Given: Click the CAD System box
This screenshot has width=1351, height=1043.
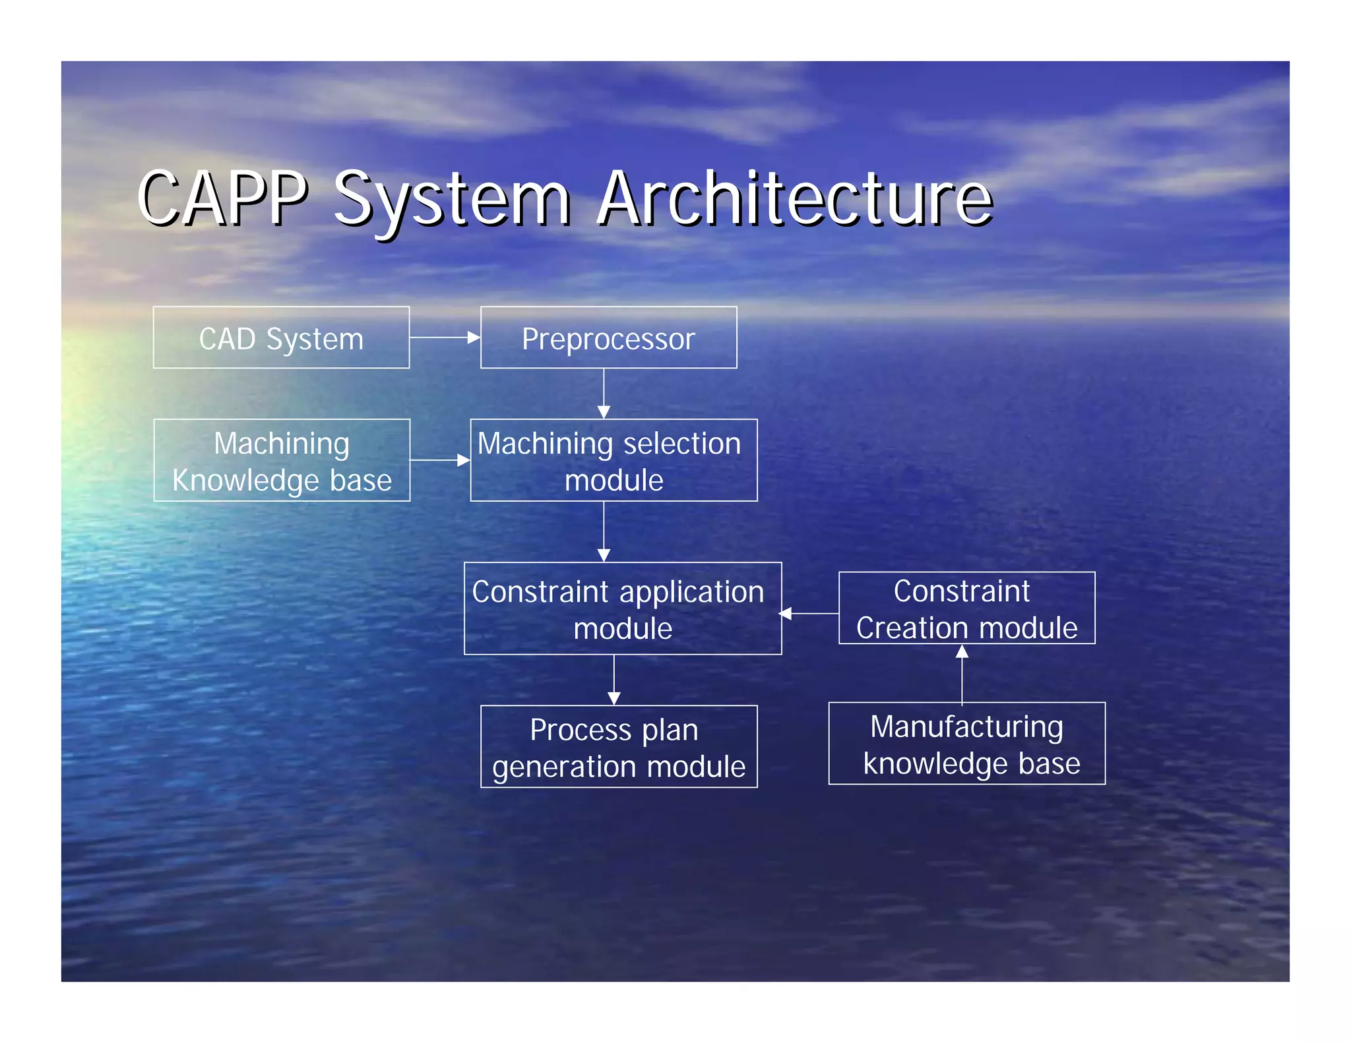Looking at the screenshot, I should (x=281, y=338).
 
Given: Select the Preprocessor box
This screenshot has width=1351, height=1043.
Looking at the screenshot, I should (x=608, y=338).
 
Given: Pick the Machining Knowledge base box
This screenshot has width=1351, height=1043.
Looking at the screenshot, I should (x=282, y=460).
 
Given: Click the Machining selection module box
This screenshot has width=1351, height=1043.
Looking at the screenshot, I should (x=613, y=460).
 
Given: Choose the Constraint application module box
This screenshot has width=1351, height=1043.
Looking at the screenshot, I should (x=623, y=609).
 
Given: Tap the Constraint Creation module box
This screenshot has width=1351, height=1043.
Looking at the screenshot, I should (x=966, y=608).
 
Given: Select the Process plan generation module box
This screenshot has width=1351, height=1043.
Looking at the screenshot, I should (x=619, y=747).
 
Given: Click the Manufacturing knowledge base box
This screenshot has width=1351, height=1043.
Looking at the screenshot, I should (x=966, y=744).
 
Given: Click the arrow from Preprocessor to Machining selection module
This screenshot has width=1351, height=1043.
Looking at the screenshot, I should (x=604, y=394).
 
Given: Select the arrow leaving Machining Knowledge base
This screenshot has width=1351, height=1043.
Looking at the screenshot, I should (x=440, y=460).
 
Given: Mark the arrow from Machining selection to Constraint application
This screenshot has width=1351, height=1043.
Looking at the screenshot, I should (x=604, y=531).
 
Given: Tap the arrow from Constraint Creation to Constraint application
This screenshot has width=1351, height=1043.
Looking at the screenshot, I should (x=810, y=614).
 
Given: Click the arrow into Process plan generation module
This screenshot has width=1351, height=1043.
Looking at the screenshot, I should (x=614, y=680).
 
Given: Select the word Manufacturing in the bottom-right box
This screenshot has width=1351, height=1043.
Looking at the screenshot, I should (x=966, y=727).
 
